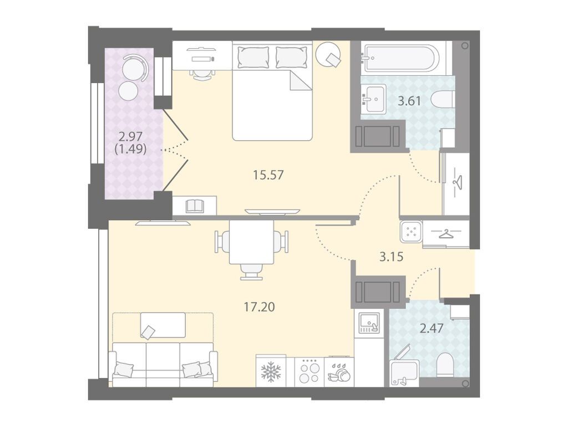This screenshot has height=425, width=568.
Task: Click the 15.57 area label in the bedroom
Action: (268, 175)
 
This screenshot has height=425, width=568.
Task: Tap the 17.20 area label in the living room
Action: (260, 307)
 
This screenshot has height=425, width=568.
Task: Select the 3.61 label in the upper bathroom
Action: (409, 101)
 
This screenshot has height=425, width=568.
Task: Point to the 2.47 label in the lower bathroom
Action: (432, 329)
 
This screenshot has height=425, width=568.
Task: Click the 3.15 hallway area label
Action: (391, 257)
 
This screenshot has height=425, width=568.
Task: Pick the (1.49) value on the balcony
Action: (130, 149)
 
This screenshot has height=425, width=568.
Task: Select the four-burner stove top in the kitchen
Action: (309, 372)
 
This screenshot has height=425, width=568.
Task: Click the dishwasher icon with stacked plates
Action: (339, 372)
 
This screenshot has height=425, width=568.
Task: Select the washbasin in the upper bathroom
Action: (374, 99)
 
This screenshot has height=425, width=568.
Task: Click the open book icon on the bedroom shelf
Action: (196, 206)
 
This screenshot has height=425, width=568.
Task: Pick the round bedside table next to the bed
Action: (328, 54)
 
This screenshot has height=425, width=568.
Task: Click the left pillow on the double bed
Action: (253, 57)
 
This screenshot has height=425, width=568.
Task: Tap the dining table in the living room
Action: (252, 242)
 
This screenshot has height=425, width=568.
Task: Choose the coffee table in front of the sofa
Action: (163, 325)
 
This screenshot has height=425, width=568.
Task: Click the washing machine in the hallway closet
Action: (411, 232)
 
